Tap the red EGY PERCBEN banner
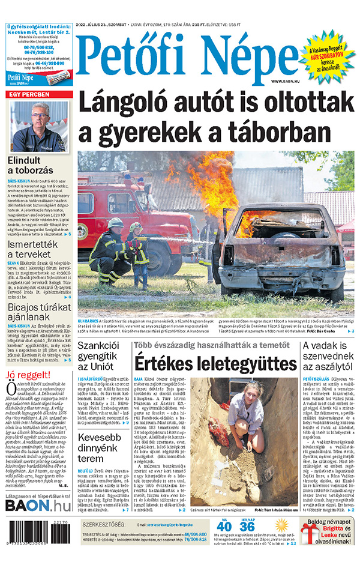[x=40, y=95]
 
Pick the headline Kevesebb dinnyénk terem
[x=99, y=447]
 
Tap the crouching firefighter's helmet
[x=115, y=224]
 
